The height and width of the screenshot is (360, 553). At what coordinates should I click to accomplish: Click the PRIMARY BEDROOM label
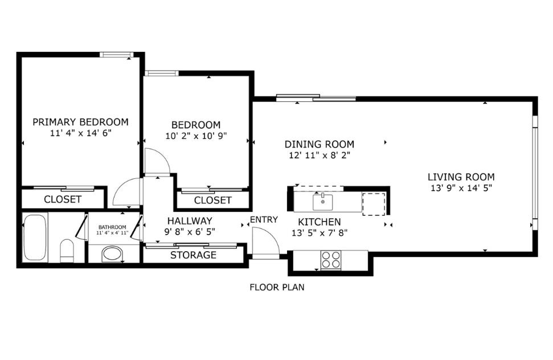click(80, 122)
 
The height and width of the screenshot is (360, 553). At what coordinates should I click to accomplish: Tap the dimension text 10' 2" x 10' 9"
click(195, 136)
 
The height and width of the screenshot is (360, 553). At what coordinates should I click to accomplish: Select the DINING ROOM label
click(319, 144)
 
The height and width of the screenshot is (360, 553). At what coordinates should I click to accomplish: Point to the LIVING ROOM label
click(461, 177)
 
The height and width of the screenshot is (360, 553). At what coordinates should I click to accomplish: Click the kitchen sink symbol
click(323, 201)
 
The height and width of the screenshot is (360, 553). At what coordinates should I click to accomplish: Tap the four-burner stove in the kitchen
click(330, 260)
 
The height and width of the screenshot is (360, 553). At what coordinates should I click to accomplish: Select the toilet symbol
click(67, 251)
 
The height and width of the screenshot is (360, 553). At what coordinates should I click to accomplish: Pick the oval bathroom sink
click(112, 254)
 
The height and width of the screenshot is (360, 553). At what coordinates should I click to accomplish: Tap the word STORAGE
click(193, 255)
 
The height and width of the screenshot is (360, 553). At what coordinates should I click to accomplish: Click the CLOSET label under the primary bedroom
click(63, 200)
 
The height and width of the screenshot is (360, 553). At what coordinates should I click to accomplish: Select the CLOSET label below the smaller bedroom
click(212, 201)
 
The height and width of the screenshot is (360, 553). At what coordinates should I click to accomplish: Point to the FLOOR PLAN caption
click(277, 287)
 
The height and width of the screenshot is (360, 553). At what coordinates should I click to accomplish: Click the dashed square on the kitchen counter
click(374, 203)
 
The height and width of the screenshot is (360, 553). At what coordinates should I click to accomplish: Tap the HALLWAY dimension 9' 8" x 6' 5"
click(190, 231)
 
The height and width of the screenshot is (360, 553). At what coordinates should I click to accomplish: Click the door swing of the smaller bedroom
click(155, 162)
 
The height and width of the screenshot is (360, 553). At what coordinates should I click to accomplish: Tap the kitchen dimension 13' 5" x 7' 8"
click(319, 232)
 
